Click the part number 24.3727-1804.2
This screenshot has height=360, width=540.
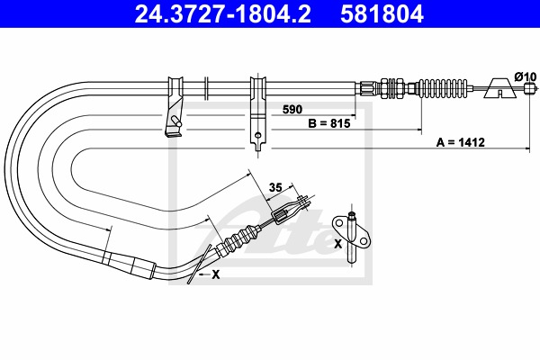(222, 13)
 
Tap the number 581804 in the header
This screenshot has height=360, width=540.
(382, 13)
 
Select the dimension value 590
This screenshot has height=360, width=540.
(292, 110)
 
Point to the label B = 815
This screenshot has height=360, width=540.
(328, 123)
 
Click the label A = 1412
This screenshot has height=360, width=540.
(461, 142)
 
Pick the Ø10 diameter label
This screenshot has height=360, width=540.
(526, 76)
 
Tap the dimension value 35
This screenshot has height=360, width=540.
(275, 188)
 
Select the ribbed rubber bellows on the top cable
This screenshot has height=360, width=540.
(443, 88)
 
